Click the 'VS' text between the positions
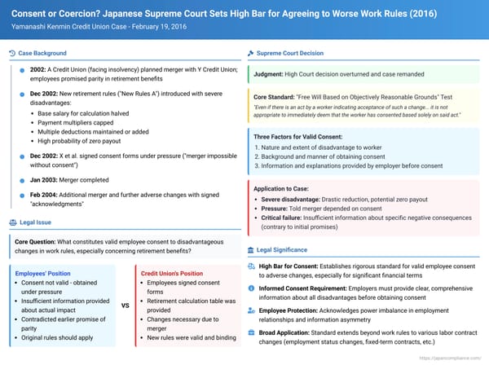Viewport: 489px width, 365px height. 126,306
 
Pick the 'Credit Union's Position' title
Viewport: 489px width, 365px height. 172,273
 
